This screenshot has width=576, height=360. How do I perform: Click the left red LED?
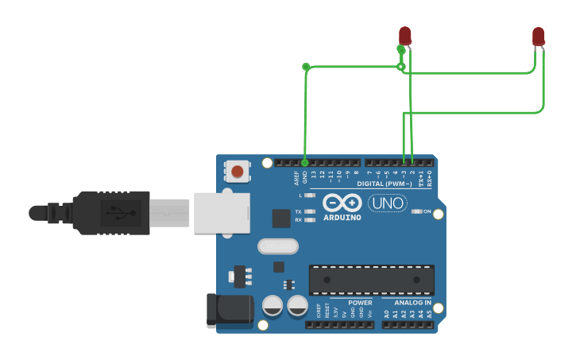point(404,35)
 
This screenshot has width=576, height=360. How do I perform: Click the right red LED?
point(538,36)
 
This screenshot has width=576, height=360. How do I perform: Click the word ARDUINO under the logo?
point(342,217)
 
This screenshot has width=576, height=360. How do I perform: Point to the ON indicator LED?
point(417,211)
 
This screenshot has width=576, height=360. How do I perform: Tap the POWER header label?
point(359,303)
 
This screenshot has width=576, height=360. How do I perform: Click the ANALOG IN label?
point(412,303)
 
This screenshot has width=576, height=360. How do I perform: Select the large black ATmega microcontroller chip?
point(371,280)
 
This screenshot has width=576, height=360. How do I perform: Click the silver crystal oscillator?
point(277,247)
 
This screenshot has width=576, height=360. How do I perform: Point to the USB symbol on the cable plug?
point(117,213)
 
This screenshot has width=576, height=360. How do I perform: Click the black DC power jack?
point(229,311)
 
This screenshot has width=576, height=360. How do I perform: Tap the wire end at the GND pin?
point(305,162)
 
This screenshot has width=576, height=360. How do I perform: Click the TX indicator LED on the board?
point(310,211)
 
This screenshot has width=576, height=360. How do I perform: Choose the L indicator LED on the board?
point(310,195)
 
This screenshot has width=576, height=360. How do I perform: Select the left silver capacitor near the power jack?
point(272,306)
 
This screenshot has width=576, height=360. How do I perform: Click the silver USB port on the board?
point(222,211)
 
